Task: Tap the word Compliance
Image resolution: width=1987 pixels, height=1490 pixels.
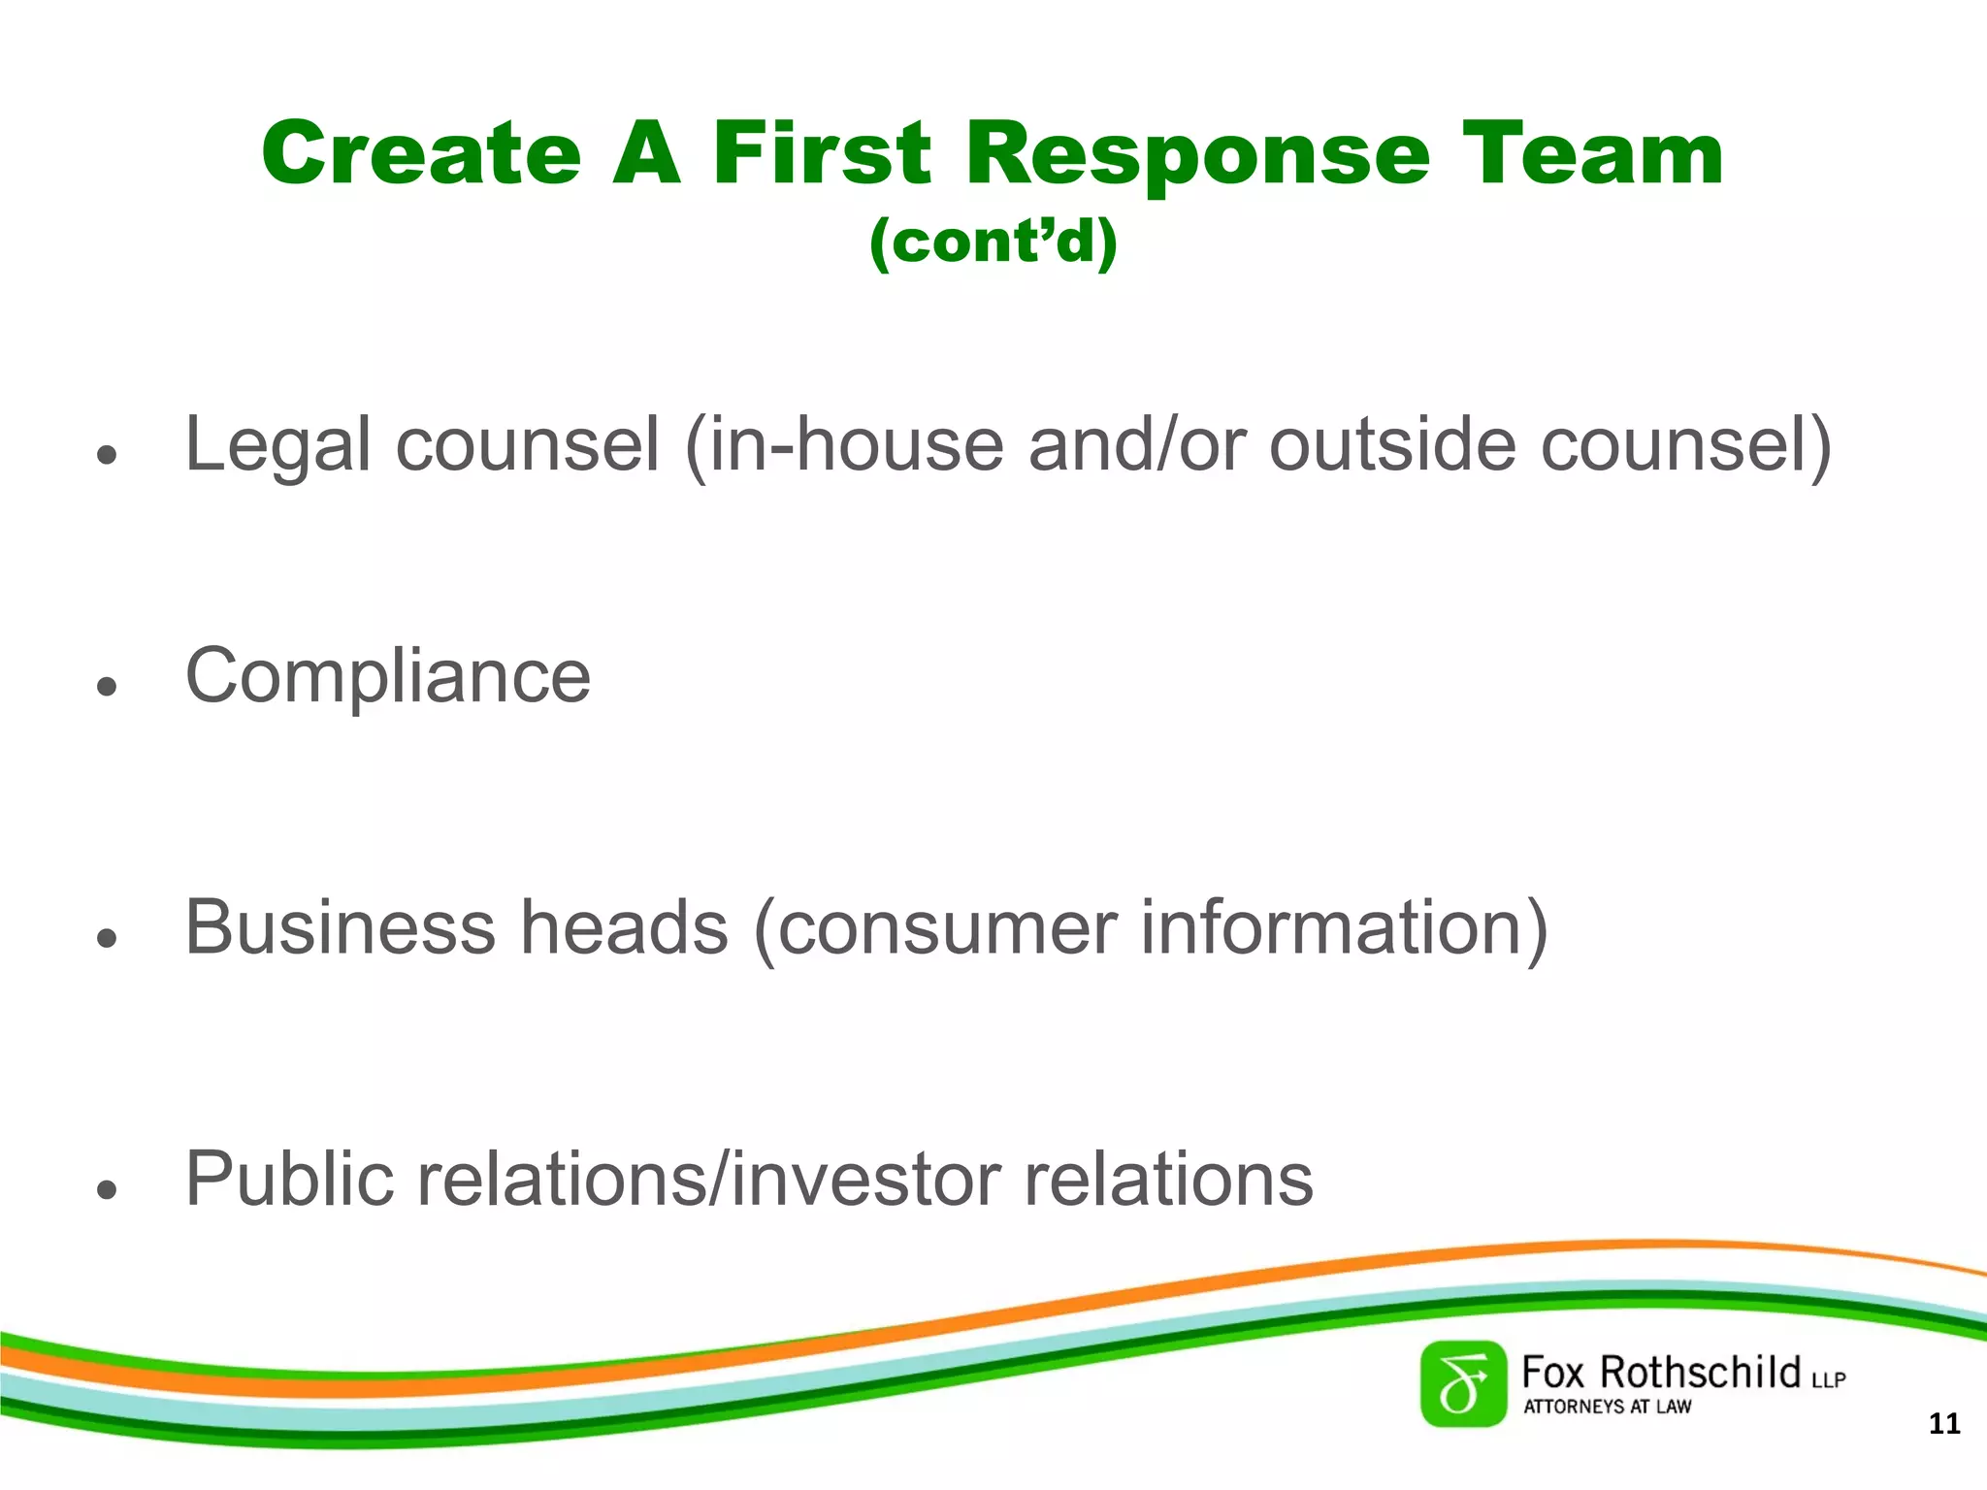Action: tap(388, 677)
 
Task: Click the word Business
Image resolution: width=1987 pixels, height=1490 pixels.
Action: tap(340, 927)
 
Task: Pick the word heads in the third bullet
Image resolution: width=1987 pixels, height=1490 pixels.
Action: tap(624, 927)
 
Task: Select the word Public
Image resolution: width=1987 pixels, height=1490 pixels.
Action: tap(288, 1180)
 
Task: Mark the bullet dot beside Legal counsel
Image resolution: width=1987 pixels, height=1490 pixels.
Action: tap(107, 454)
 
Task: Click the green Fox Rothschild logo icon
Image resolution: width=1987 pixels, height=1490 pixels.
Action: tap(1463, 1384)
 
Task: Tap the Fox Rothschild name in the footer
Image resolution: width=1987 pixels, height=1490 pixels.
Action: tap(1661, 1373)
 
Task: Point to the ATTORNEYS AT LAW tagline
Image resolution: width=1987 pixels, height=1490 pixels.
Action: tap(1607, 1407)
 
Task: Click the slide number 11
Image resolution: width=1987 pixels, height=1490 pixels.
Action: tap(1944, 1424)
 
